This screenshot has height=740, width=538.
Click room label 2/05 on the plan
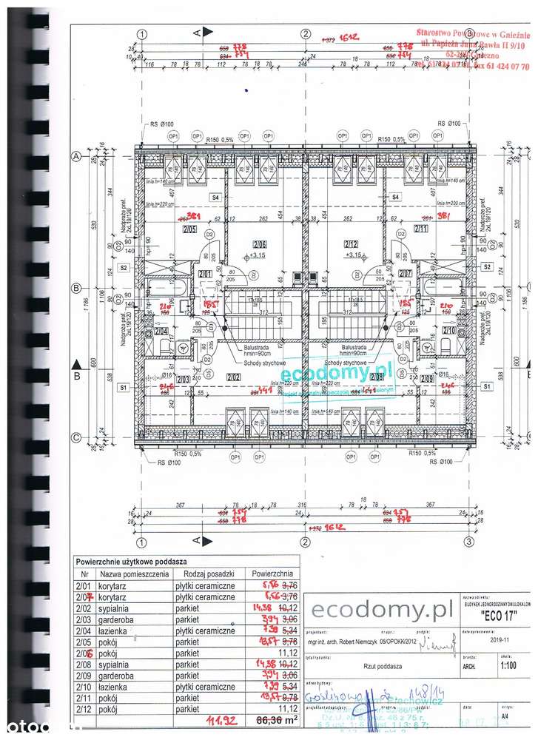click(189, 230)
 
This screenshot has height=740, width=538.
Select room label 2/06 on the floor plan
click(259, 245)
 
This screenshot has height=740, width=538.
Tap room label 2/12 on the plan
click(351, 245)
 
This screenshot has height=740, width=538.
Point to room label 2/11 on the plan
click(421, 230)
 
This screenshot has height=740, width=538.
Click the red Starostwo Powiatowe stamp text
click(473, 34)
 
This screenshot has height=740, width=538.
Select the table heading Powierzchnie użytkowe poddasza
click(131, 562)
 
